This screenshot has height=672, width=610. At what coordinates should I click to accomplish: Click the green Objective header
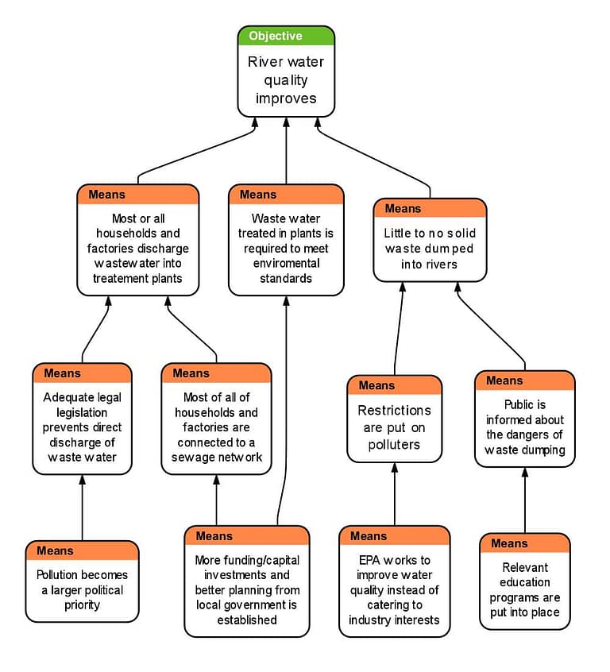[x=286, y=36]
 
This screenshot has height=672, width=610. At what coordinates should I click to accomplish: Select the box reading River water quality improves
[x=286, y=80]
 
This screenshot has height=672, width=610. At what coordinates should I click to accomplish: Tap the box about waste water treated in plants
[x=286, y=248]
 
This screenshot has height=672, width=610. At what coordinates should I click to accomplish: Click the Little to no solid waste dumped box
[x=430, y=248]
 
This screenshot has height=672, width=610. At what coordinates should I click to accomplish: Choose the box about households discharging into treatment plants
[x=137, y=248]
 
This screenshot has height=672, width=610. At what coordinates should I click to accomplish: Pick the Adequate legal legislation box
[x=82, y=427]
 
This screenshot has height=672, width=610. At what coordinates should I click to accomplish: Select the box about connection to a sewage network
[x=216, y=427]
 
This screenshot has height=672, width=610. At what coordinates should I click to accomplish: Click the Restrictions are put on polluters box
[x=394, y=427]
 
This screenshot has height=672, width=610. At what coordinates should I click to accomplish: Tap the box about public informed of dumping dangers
[x=524, y=427]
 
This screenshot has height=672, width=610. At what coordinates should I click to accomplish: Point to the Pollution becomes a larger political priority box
[x=82, y=589]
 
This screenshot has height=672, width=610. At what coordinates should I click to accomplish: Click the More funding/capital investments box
[x=247, y=589]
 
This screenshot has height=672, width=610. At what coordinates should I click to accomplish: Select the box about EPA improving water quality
[x=394, y=589]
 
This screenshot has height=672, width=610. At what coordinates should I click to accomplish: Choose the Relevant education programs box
[x=524, y=589]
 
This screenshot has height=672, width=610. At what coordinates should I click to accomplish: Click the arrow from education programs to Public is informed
[x=524, y=500]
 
